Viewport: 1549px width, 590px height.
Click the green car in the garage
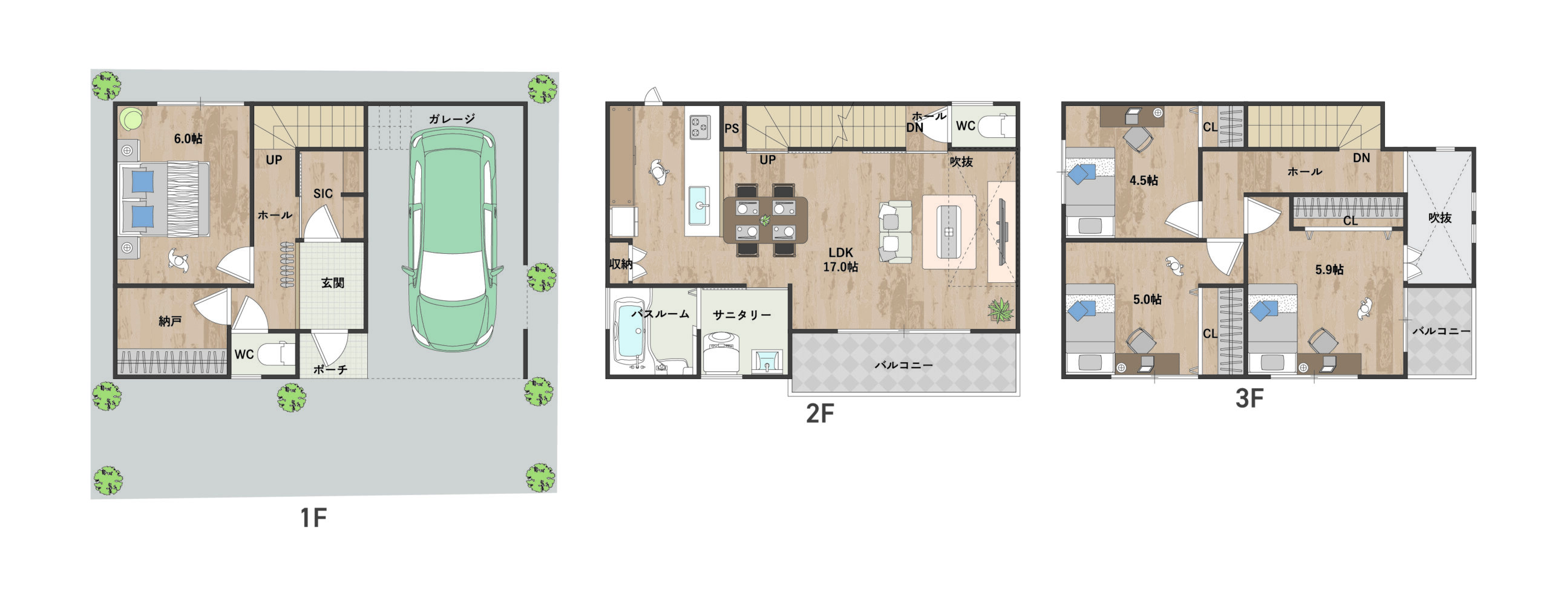click(x=452, y=240)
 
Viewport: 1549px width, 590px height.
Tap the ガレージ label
click(x=452, y=119)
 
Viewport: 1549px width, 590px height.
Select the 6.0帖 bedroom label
click(x=188, y=138)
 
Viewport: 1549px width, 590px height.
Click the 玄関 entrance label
click(x=333, y=282)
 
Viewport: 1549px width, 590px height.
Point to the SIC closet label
click(x=323, y=193)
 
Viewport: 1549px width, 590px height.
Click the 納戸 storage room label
click(x=170, y=321)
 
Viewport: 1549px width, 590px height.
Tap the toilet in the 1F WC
click(x=277, y=353)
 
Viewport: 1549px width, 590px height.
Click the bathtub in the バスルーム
click(x=630, y=333)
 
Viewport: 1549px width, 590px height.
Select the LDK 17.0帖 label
click(x=840, y=259)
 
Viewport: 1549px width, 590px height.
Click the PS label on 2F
click(x=732, y=128)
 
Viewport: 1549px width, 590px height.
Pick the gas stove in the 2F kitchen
click(x=700, y=127)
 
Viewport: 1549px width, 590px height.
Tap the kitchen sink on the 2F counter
click(x=702, y=204)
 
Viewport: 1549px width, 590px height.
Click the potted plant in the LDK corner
click(x=1000, y=311)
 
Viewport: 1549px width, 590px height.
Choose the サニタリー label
click(x=742, y=315)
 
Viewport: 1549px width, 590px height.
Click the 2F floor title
click(x=820, y=413)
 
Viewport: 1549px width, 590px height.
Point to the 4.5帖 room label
click(x=1144, y=180)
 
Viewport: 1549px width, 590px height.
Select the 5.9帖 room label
click(x=1329, y=270)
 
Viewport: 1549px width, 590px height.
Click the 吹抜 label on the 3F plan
click(x=1440, y=218)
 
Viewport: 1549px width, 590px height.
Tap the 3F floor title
click(x=1249, y=398)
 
